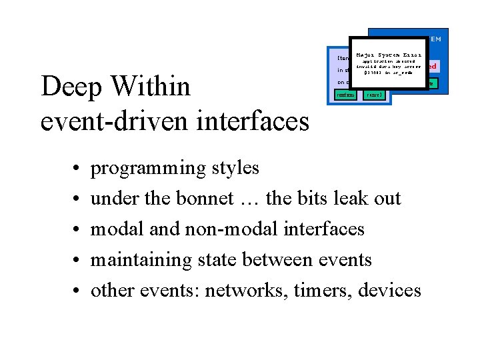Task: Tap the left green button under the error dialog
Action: [x=345, y=95]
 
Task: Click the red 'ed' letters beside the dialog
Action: [x=432, y=67]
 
